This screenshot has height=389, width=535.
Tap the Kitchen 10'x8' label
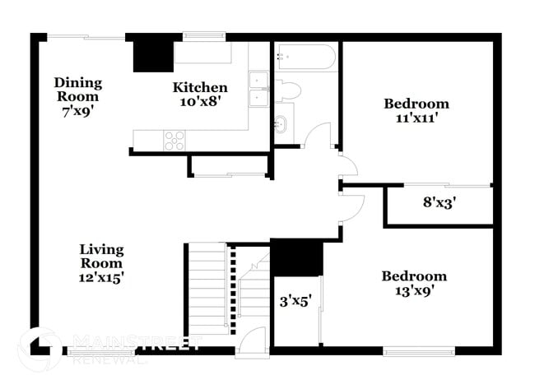point(200,94)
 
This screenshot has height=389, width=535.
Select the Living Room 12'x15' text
point(101,262)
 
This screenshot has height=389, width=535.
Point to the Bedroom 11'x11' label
point(416,110)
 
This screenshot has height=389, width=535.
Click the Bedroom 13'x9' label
point(414,283)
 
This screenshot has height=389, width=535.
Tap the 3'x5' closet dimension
point(295,301)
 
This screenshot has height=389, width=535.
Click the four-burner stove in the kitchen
point(174,140)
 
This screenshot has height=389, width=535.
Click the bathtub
point(305,58)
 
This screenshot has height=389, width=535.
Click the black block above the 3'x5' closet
point(297,257)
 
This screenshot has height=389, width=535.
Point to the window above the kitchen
point(198,35)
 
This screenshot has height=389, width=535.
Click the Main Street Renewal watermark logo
point(115,345)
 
